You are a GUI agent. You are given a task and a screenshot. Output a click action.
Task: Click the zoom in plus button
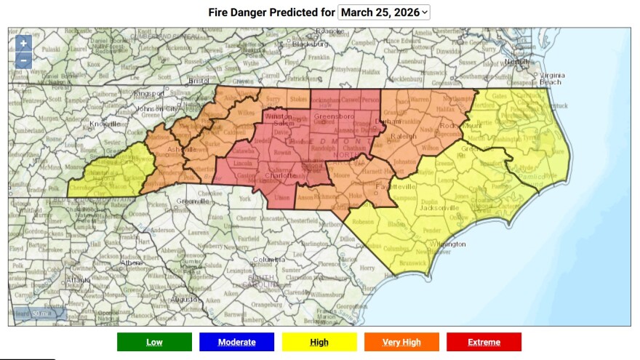tap(23, 44)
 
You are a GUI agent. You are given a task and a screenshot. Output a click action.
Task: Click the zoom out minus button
tap(23, 60)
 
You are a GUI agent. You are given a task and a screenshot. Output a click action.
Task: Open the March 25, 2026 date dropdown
tap(384, 12)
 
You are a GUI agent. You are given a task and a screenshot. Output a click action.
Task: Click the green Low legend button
tap(154, 342)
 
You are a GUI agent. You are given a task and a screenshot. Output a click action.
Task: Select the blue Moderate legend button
tap(236, 342)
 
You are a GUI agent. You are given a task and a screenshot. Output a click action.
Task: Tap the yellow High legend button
tap(319, 342)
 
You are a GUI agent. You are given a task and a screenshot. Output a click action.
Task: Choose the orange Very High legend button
tap(401, 342)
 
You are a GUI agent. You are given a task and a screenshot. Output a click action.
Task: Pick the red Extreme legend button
tap(484, 342)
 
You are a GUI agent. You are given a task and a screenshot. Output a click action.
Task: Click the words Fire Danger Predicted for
tap(271, 12)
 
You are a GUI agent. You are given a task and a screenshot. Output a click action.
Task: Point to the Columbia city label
tap(268, 260)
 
